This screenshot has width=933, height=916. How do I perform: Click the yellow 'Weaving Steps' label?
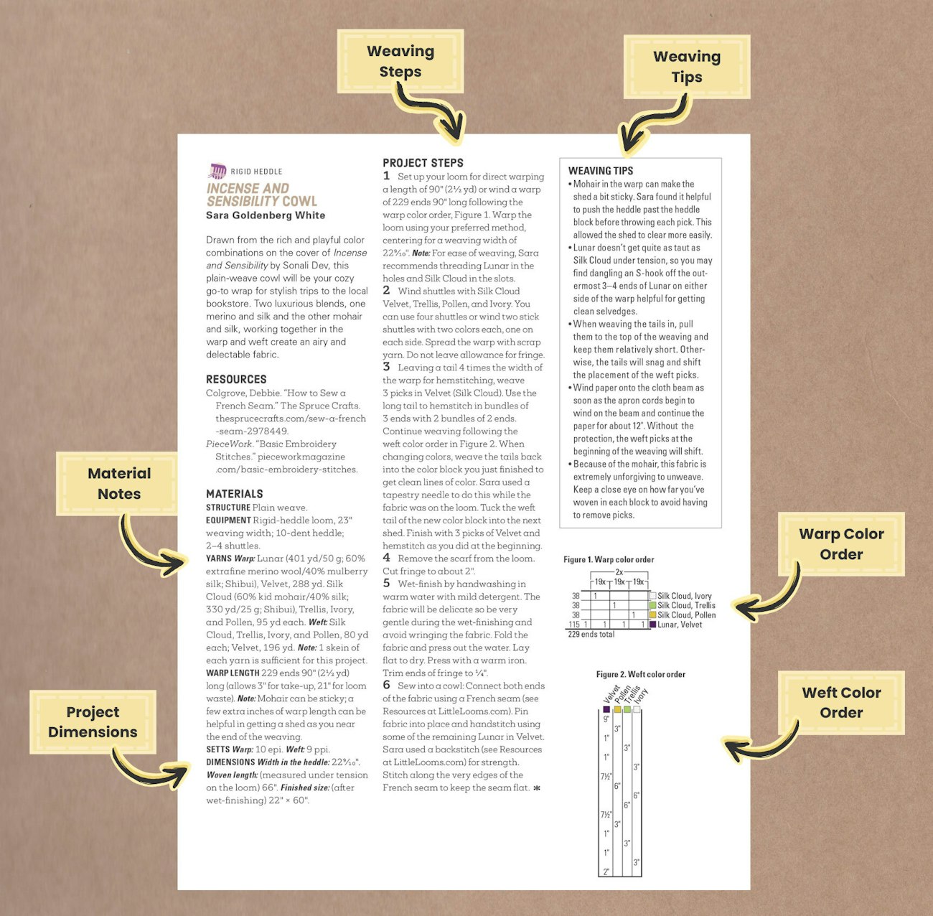tap(400, 62)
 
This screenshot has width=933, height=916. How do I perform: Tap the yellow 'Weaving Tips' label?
tap(687, 67)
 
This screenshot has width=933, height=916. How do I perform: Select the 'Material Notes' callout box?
tap(119, 483)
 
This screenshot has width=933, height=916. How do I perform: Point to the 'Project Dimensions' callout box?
tap(93, 721)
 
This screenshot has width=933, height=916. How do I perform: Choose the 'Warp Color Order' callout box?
tap(841, 544)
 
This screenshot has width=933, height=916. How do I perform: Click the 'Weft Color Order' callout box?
tap(841, 702)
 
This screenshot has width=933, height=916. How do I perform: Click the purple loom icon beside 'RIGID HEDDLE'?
tap(217, 171)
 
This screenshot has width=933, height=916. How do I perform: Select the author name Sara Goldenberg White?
tap(266, 215)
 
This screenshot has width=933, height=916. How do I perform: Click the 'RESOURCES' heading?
tap(236, 379)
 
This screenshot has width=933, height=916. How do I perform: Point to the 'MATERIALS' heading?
tap(235, 494)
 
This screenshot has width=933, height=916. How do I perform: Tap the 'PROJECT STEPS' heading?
tap(423, 163)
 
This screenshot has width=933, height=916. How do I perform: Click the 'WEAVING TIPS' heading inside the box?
tap(601, 171)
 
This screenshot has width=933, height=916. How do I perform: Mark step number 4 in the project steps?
tap(386, 558)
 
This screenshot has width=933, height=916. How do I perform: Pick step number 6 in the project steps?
tap(386, 686)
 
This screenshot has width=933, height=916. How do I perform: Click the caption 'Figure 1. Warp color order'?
tap(609, 559)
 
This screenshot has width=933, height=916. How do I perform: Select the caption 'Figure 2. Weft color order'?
tap(640, 674)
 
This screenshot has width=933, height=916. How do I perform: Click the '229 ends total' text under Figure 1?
tap(591, 635)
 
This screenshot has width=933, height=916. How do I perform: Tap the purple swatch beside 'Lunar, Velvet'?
tap(652, 625)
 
